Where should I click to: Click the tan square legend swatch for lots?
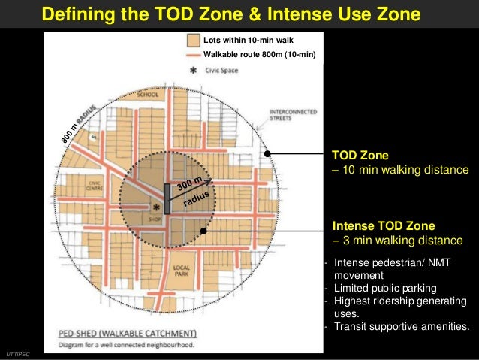193,40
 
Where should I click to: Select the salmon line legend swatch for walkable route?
193,54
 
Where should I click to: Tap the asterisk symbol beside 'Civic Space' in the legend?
194,71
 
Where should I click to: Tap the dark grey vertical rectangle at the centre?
167,198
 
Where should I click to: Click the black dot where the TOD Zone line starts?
268,153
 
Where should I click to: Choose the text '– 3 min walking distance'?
398,241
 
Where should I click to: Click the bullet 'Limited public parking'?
388,289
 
